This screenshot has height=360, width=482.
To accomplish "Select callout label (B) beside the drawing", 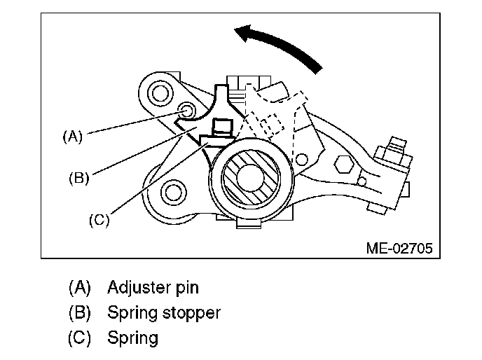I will [x=79, y=178].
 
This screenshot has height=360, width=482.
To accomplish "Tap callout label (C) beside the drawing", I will [x=99, y=220].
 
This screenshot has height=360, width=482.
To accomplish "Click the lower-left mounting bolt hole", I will [x=170, y=192].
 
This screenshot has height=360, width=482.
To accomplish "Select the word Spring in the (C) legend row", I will [x=133, y=338].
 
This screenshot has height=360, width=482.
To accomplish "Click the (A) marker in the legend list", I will [x=80, y=287].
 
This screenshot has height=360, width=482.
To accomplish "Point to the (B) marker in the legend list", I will [x=80, y=312].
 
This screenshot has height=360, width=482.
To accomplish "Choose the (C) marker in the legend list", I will [x=80, y=338].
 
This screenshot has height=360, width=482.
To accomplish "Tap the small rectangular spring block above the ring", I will [x=222, y=129].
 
